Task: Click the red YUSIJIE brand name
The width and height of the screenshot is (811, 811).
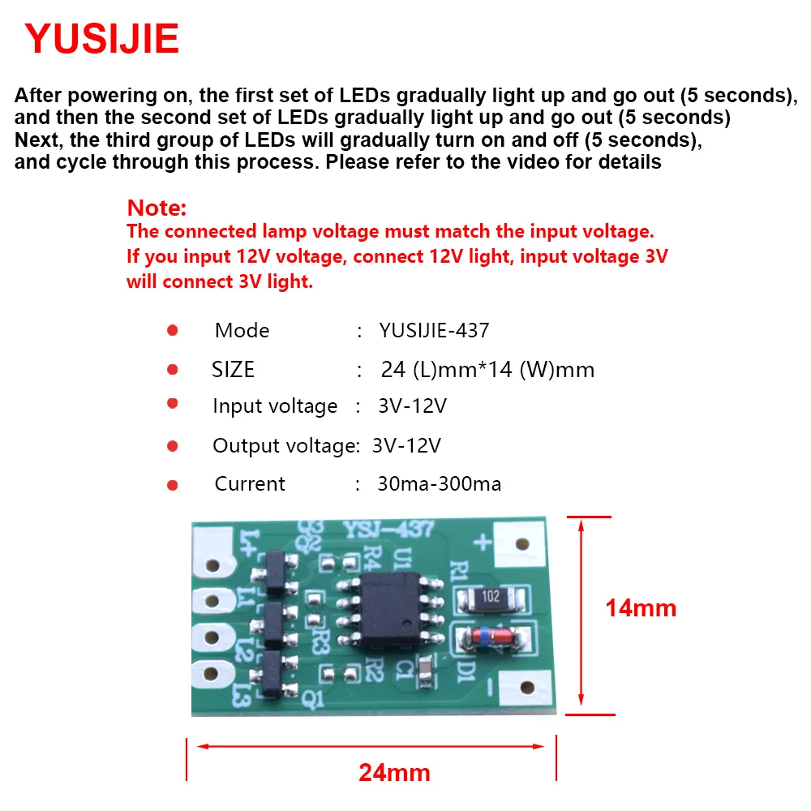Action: point(101,39)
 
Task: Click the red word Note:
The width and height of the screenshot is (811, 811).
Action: point(157,208)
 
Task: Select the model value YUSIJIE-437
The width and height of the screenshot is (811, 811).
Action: point(434,330)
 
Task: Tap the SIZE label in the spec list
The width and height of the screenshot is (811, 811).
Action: point(233,370)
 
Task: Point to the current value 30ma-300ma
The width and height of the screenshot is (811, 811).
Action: point(439,484)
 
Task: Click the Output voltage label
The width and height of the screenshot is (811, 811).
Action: point(285,445)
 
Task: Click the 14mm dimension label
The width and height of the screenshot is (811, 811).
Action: point(640,607)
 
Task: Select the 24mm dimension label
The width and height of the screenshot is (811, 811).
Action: point(394,771)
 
